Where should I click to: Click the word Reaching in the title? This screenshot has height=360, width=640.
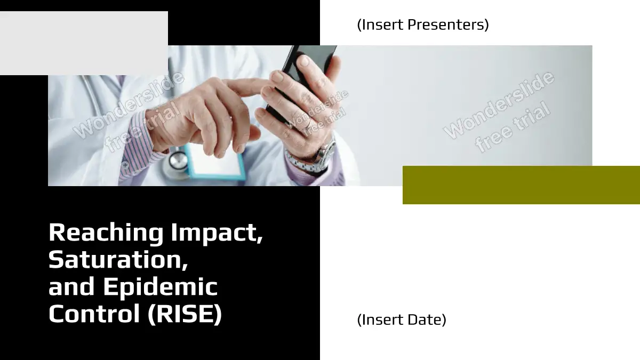[x=106, y=234]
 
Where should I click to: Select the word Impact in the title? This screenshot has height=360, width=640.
[x=217, y=234]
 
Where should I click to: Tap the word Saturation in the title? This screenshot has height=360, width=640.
[x=118, y=259]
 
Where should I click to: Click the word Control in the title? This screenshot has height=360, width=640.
[x=94, y=314]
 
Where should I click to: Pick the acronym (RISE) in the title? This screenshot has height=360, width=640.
[x=185, y=314]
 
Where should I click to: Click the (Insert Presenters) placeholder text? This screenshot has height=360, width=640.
[x=423, y=25]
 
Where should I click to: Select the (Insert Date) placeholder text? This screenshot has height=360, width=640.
[x=402, y=319]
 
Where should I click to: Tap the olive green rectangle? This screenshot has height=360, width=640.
[x=521, y=185]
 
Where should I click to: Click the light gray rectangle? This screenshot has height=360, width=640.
[x=84, y=43]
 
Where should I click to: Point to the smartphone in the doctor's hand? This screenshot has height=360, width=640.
[x=303, y=77]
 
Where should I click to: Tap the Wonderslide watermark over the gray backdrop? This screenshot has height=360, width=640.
[x=499, y=112]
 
